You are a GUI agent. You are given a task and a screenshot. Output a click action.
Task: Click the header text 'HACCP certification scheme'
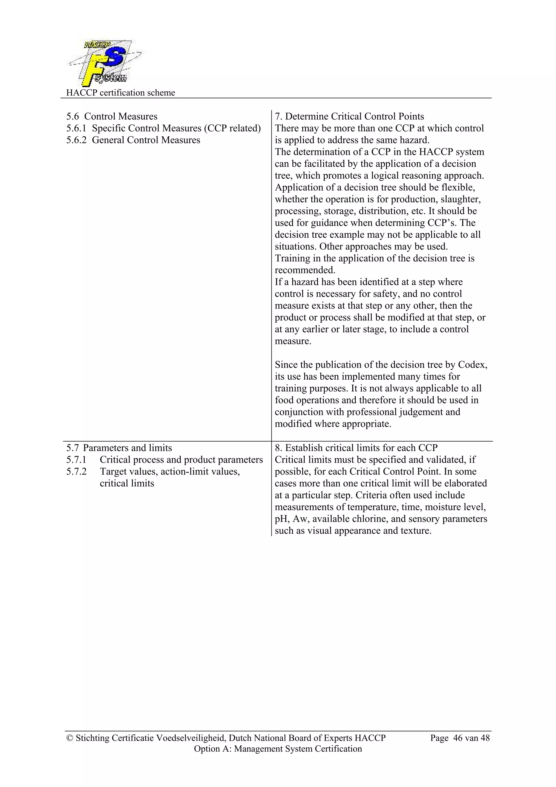[120, 93]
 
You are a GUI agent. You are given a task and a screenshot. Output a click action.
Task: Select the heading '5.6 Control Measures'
[112, 117]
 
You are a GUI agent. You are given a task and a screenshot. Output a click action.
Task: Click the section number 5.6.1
[76, 128]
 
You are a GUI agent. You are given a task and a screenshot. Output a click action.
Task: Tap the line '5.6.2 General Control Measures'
[133, 140]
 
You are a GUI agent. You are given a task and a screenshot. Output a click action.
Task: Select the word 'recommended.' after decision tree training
[305, 270]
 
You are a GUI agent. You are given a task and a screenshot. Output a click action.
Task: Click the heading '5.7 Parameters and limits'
[119, 448]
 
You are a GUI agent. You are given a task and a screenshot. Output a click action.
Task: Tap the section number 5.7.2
[76, 472]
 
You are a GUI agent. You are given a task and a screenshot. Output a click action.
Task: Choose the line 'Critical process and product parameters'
[181, 460]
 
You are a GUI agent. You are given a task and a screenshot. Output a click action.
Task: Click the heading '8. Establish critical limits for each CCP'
[356, 448]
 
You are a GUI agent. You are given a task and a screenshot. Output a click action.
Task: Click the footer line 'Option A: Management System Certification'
[277, 749]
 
